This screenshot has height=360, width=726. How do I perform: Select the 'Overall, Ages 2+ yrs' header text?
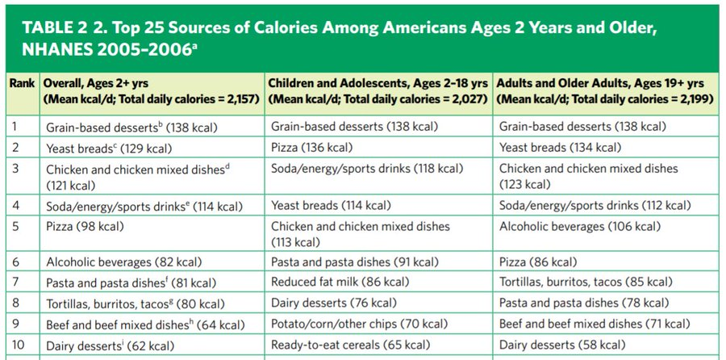tap(96, 84)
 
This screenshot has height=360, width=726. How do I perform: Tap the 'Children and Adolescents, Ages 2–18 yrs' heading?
tap(377, 84)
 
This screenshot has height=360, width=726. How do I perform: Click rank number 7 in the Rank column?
tap(15, 283)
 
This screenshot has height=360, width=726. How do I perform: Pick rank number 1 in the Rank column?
tap(15, 127)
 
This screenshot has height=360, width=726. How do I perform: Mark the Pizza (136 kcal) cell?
tap(311, 148)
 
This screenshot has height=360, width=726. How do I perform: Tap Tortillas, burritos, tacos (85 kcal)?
tap(585, 283)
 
